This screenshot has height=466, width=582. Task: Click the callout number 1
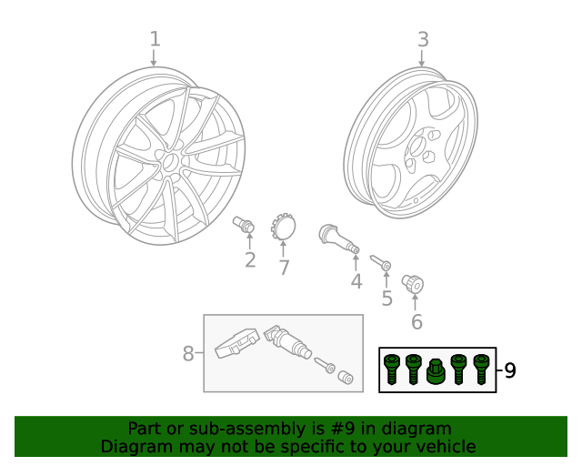point(155,39)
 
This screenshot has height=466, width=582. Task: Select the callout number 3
point(423,39)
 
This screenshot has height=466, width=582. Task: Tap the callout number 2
point(249,261)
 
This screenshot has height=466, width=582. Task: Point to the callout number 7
point(284,268)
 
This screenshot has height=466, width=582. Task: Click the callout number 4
point(356,281)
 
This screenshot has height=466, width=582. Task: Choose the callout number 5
point(386,298)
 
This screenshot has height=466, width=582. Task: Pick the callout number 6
point(416,321)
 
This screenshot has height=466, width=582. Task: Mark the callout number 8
point(189,353)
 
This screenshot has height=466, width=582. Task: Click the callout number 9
point(509,370)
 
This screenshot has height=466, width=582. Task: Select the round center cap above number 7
point(284,227)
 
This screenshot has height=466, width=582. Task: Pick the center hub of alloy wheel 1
point(169,162)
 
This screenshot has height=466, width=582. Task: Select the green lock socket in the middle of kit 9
point(436,372)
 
